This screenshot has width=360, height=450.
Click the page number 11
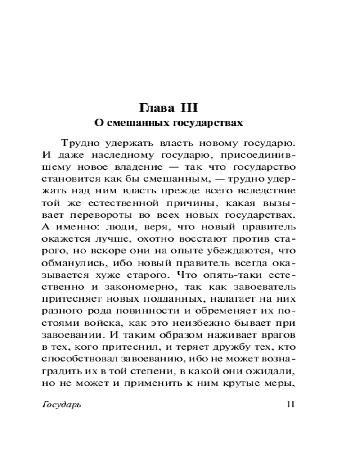click(290, 404)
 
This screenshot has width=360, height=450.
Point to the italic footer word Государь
click(61, 404)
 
